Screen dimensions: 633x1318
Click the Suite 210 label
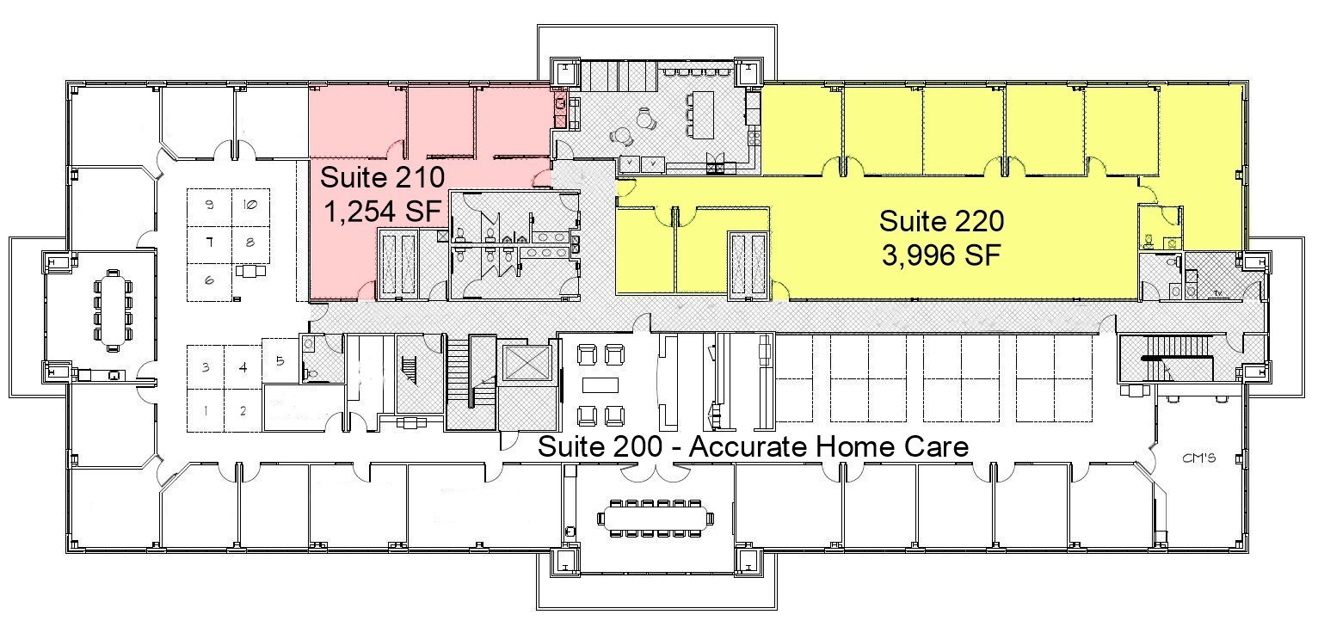(x=382, y=178)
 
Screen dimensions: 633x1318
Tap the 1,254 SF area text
(x=382, y=210)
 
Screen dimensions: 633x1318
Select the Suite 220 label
(x=940, y=222)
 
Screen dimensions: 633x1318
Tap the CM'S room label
(x=1198, y=459)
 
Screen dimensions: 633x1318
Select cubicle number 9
(x=209, y=205)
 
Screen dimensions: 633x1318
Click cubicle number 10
(x=249, y=205)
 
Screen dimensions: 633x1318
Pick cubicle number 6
(x=209, y=280)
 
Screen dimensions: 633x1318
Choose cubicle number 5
(x=280, y=360)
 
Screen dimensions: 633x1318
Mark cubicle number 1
(x=206, y=410)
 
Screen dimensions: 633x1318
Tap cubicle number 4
(x=243, y=367)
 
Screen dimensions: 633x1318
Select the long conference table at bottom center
(x=656, y=517)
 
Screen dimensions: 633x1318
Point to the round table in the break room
(x=622, y=136)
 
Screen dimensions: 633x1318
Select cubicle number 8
(x=249, y=243)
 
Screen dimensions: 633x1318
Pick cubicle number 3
(x=206, y=367)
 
